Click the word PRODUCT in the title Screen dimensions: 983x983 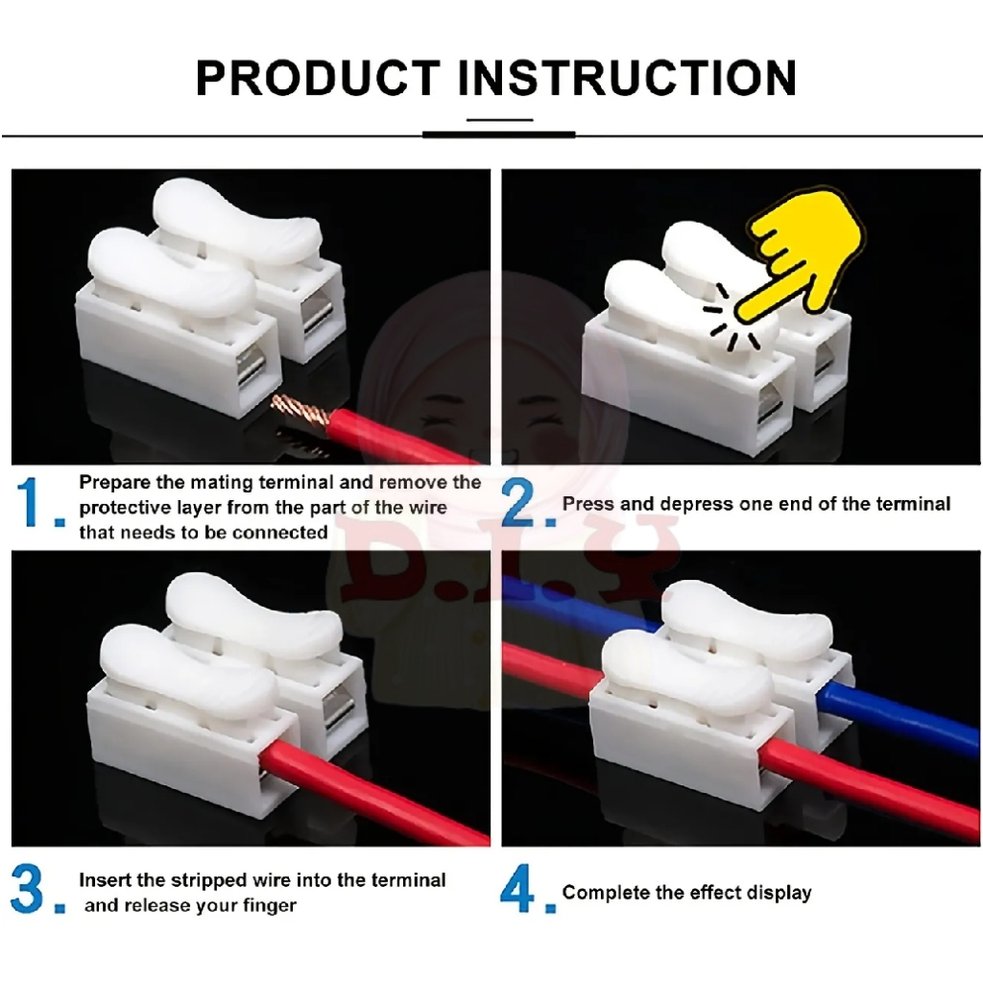[x=318, y=78]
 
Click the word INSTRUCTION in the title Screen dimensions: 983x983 [x=627, y=78]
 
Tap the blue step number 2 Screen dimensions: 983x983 [x=519, y=501]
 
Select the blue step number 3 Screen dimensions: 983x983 [x=28, y=888]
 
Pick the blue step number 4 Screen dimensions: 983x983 [x=517, y=888]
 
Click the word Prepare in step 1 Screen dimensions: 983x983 [x=115, y=483]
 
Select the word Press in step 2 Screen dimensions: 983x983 [x=585, y=503]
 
